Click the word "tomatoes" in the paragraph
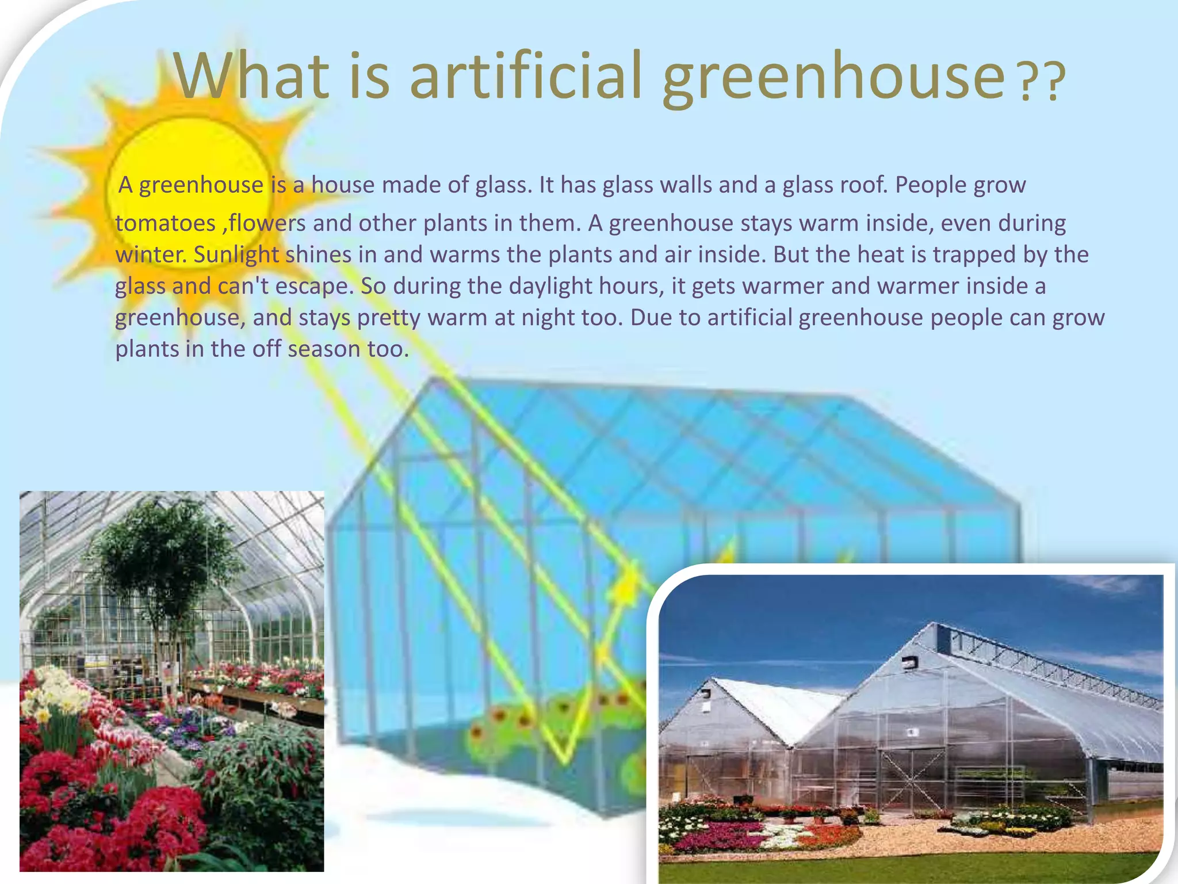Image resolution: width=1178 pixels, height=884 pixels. [x=165, y=223]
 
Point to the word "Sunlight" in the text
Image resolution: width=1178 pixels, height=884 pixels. [x=236, y=255]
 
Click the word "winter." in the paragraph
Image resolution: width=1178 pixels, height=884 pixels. [x=151, y=255]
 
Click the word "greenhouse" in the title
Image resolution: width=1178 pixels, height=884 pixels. [x=833, y=78]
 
